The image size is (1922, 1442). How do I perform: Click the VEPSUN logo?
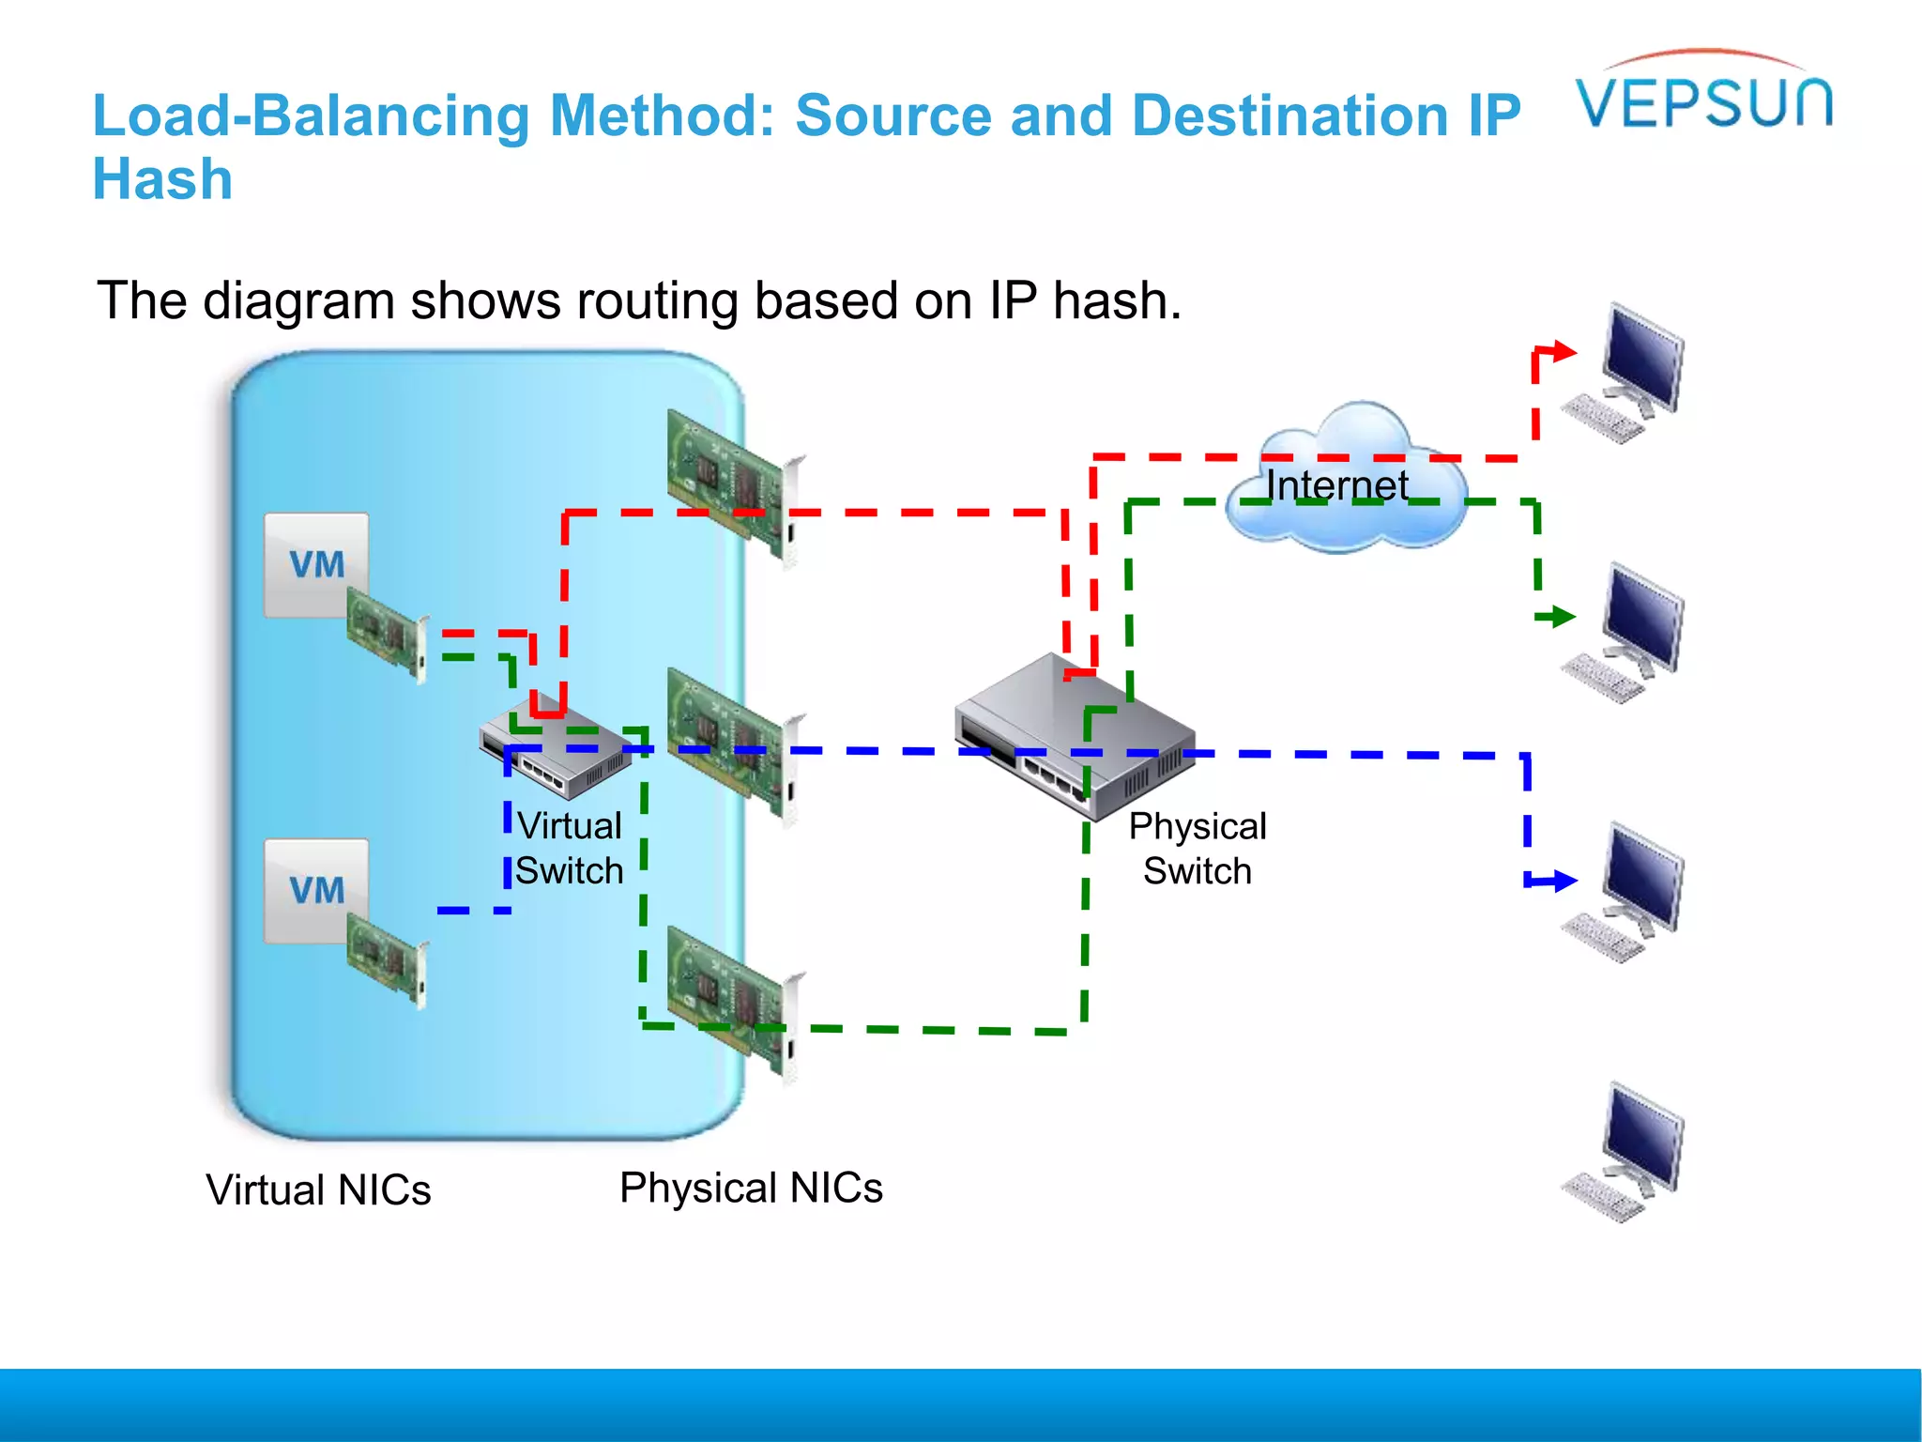(1703, 100)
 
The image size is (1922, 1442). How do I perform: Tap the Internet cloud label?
(1336, 485)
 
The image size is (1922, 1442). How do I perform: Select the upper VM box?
(315, 564)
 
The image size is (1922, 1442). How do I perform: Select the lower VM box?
(315, 890)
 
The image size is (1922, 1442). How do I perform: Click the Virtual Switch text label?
(570, 848)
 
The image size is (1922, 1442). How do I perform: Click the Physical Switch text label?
(1197, 848)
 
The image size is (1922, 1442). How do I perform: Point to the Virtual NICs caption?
(318, 1189)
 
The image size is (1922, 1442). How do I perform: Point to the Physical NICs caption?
(751, 1188)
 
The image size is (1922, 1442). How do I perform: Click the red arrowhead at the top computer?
(1564, 352)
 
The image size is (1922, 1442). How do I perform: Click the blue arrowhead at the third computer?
(1564, 881)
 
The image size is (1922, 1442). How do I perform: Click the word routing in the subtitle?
(657, 301)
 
